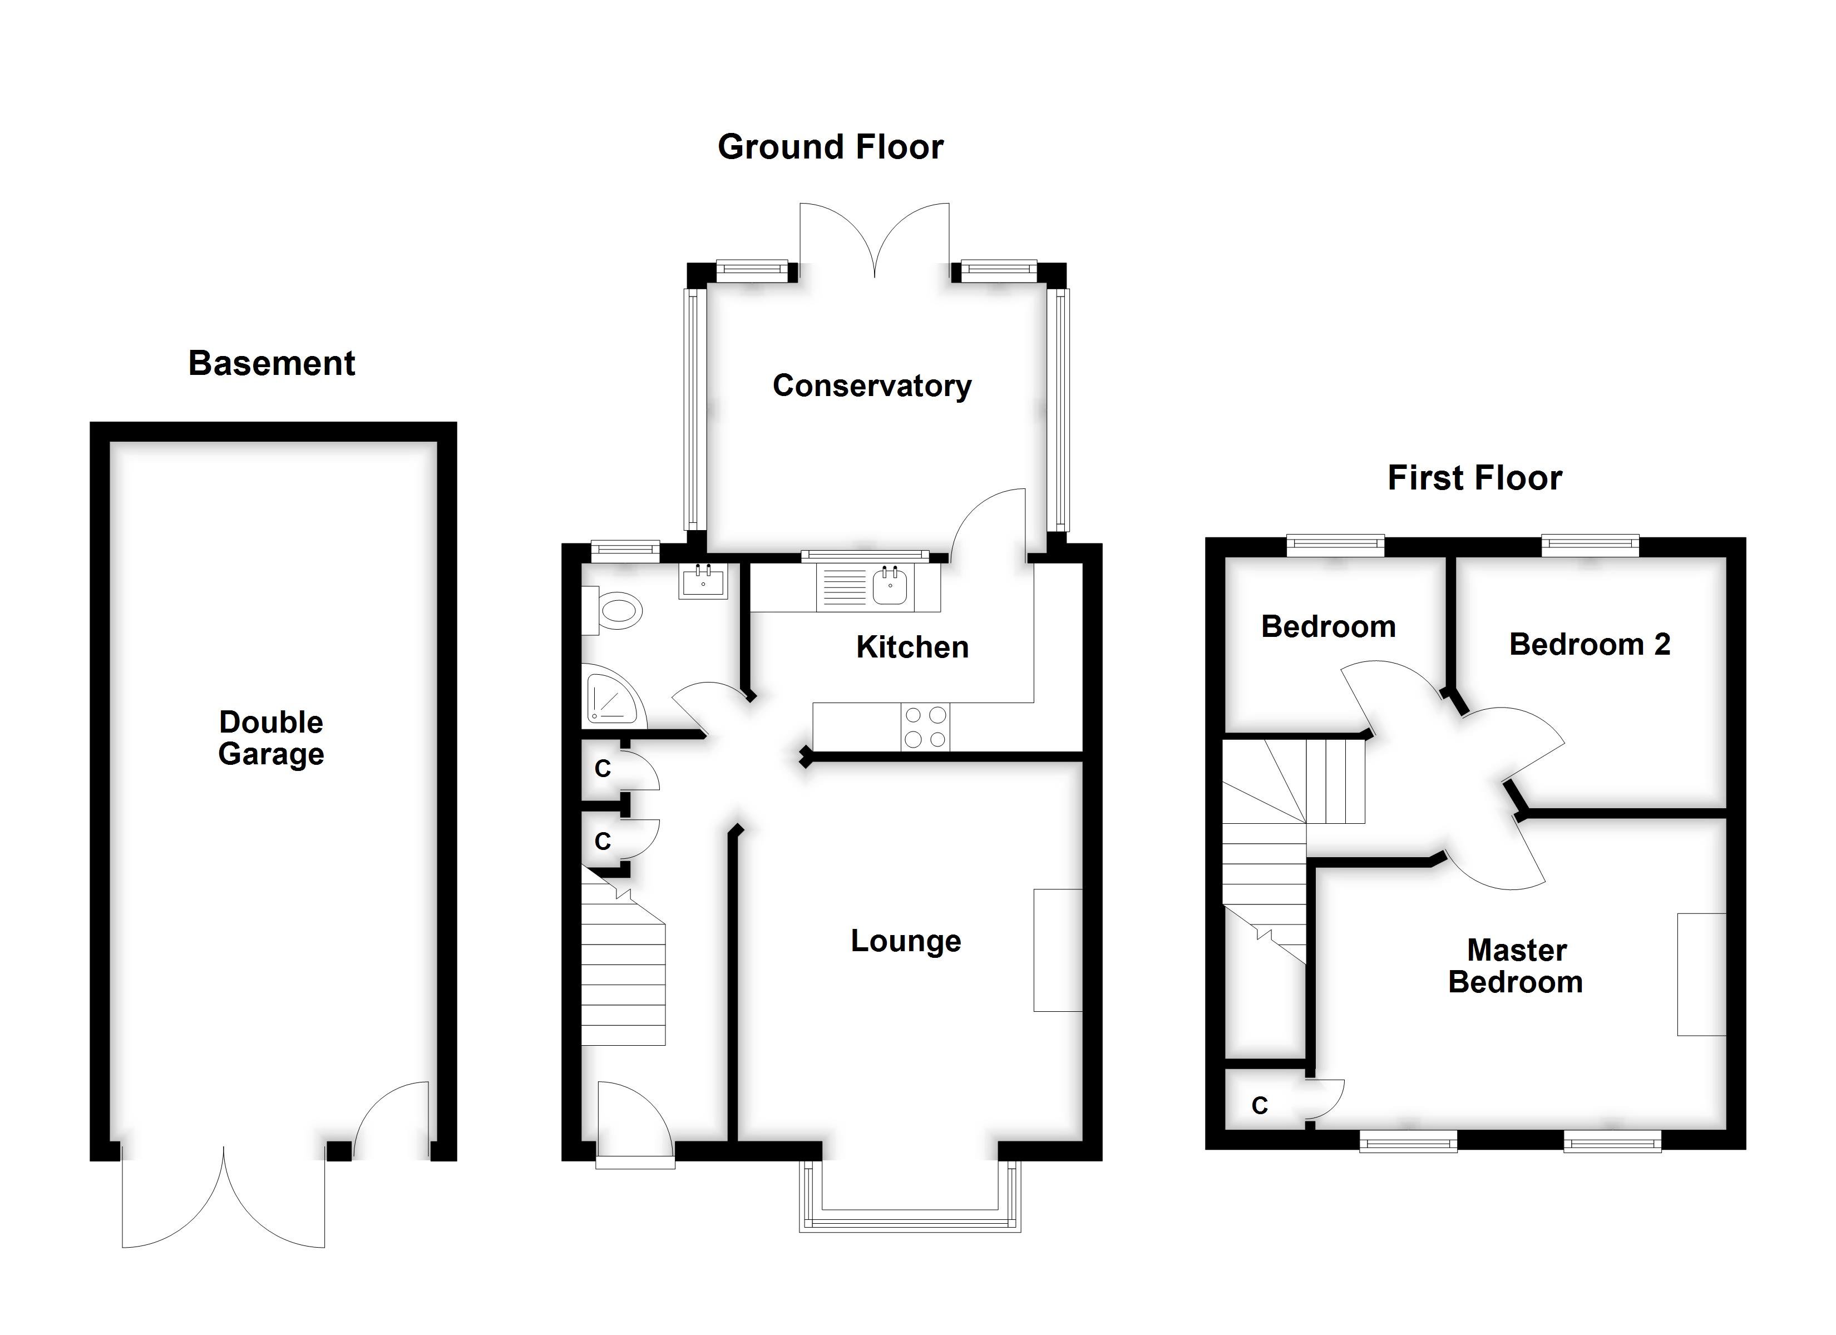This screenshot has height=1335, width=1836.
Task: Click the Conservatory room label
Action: point(872,386)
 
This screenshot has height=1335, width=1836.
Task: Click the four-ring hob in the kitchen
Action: point(925,727)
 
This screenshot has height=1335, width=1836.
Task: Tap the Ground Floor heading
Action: point(831,147)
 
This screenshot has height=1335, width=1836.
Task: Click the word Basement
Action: point(271,363)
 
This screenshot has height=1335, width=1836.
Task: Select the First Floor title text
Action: point(1474,478)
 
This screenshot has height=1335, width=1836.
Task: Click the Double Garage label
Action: point(271,738)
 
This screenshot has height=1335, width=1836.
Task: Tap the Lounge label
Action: point(906,941)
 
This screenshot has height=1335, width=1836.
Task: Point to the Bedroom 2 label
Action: point(1589,645)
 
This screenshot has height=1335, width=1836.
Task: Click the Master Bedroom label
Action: point(1516,966)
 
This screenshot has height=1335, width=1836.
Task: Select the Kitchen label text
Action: point(912,647)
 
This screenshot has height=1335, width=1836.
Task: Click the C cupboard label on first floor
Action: point(1260,1106)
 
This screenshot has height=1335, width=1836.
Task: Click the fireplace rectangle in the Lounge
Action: point(1057,950)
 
